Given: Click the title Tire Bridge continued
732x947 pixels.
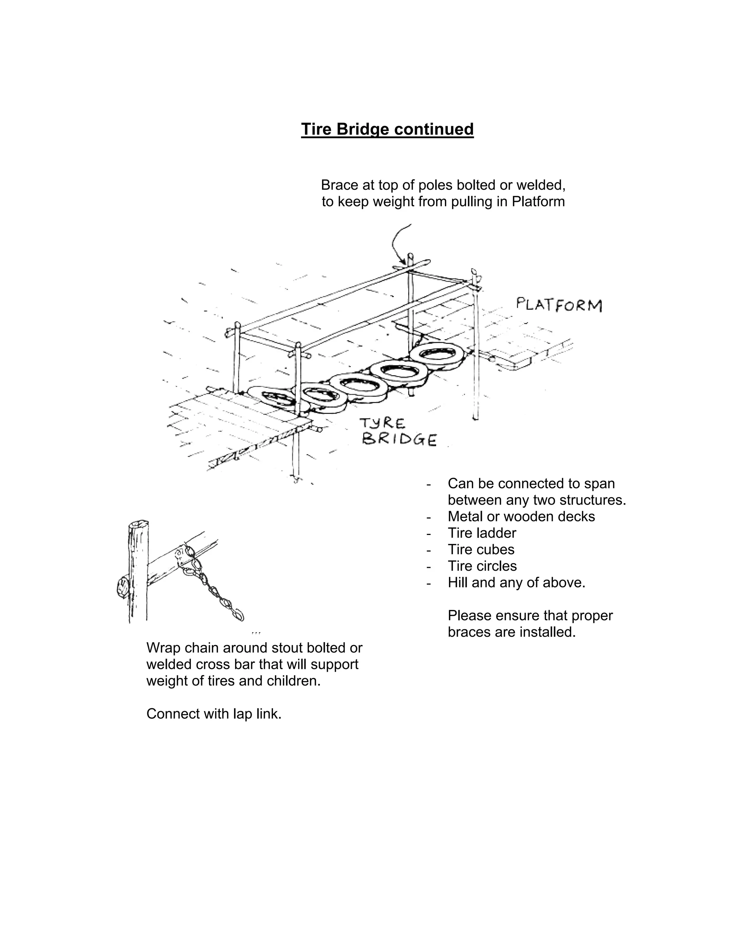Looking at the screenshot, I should (x=387, y=129).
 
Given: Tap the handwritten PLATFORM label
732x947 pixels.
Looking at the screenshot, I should (x=559, y=305).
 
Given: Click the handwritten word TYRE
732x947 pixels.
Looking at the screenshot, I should (x=382, y=423).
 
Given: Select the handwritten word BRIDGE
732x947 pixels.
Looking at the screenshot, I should (x=399, y=440).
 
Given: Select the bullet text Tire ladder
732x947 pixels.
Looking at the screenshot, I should (x=482, y=533).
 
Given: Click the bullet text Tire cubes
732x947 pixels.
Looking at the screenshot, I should (x=481, y=549).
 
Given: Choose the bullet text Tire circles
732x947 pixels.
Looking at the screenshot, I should (x=482, y=566).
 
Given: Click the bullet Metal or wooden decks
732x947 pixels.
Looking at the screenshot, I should (x=521, y=516).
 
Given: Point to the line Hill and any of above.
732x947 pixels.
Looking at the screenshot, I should (x=516, y=582).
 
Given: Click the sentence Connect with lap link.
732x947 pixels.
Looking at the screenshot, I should (x=214, y=714).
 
